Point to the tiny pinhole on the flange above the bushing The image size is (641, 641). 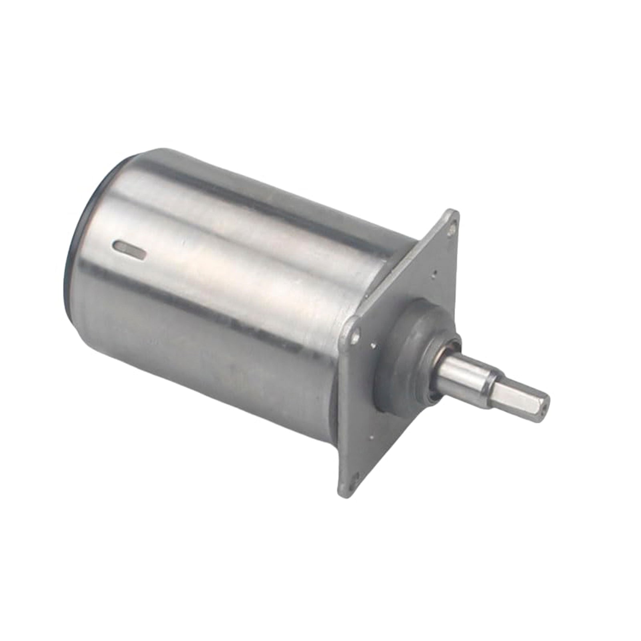pos(435,274)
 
